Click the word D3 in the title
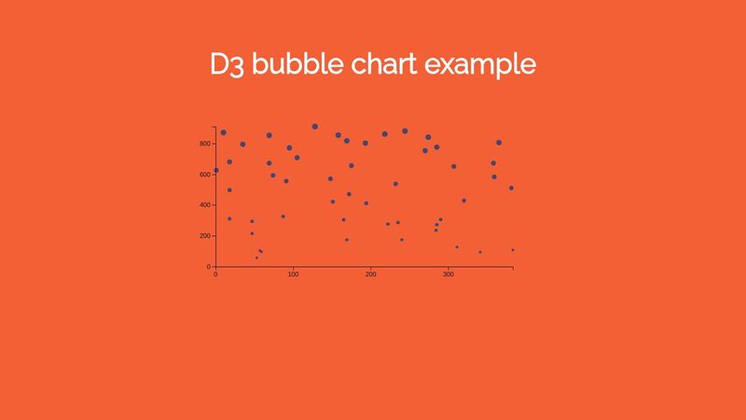[228, 64]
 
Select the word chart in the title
[381, 64]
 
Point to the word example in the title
[480, 66]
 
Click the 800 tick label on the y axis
[204, 144]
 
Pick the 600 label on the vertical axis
[204, 175]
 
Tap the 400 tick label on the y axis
[204, 205]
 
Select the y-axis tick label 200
[204, 236]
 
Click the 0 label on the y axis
[210, 267]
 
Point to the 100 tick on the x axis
[293, 274]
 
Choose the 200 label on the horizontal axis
[370, 274]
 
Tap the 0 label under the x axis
[215, 274]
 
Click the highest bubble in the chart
[315, 126]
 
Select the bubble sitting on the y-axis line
[216, 171]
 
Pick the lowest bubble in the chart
[256, 258]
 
